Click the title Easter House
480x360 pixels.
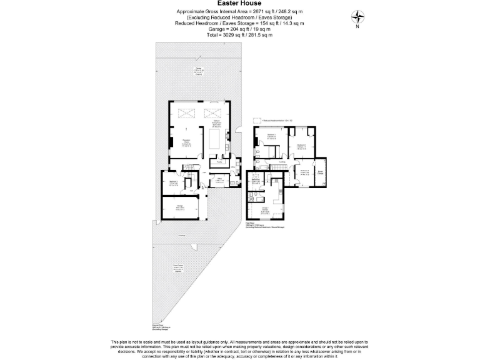[239, 3]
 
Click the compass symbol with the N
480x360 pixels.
[357, 17]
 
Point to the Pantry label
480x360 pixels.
[219, 162]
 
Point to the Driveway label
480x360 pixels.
[181, 235]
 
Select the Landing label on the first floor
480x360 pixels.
[282, 162]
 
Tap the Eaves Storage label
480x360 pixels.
[320, 172]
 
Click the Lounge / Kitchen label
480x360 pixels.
[266, 211]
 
